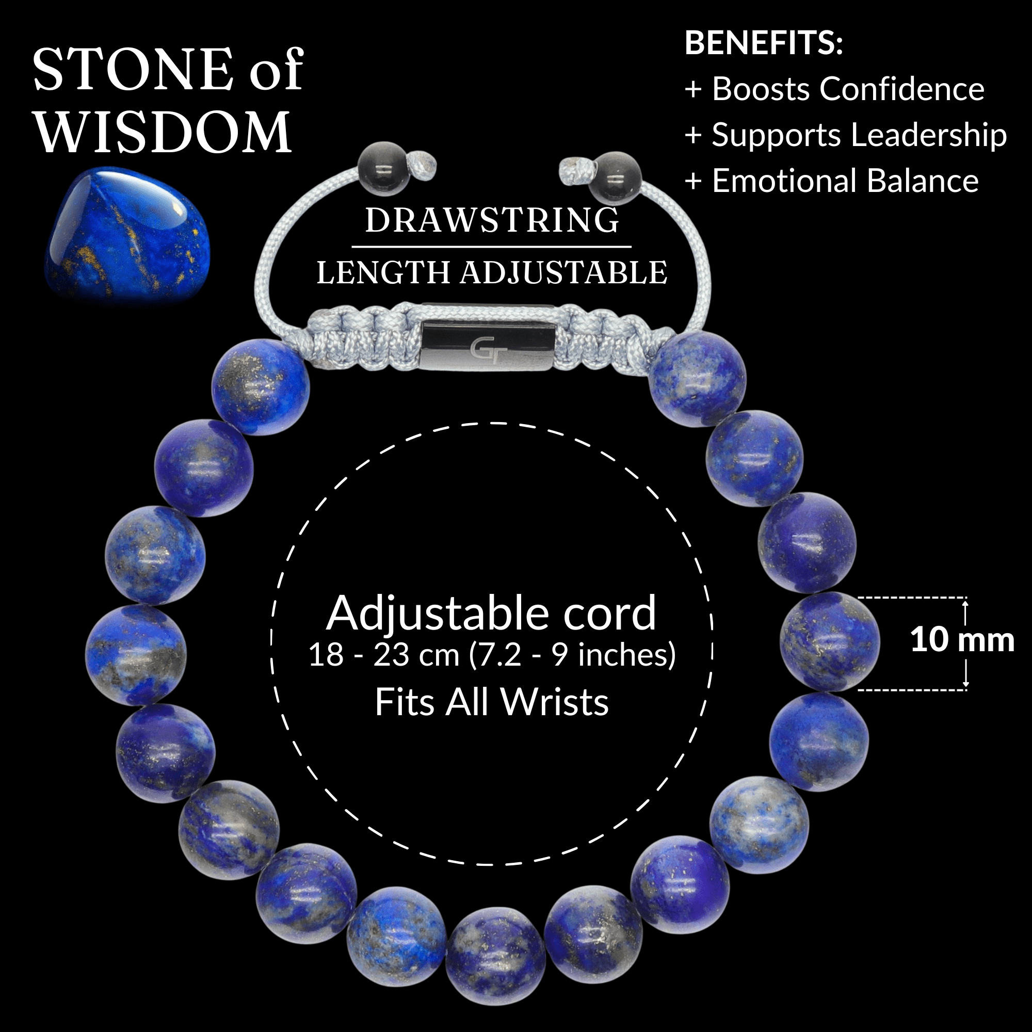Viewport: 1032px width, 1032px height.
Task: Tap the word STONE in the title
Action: (133, 69)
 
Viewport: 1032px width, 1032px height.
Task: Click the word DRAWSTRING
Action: (491, 220)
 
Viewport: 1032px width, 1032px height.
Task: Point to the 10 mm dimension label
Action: (962, 639)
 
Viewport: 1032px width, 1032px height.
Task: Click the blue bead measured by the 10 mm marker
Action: (829, 642)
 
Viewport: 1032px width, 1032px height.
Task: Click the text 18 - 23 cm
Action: (383, 655)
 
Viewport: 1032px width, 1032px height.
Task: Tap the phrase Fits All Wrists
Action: (491, 702)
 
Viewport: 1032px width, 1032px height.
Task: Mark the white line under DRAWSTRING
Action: (491, 247)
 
